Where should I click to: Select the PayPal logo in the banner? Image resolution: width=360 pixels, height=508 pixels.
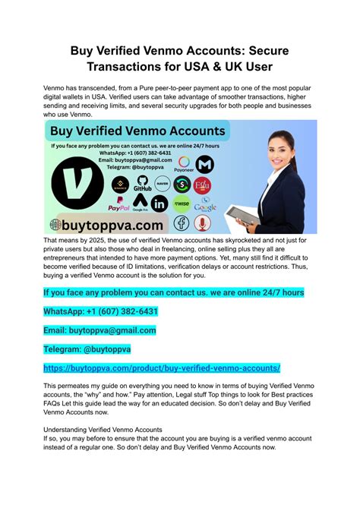click(x=119, y=204)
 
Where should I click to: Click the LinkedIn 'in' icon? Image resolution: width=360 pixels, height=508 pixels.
click(x=159, y=204)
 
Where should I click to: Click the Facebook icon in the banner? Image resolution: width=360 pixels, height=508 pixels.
click(x=182, y=223)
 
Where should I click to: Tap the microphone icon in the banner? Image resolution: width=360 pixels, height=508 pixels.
click(x=203, y=223)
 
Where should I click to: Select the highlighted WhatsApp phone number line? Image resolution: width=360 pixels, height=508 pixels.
click(x=101, y=311)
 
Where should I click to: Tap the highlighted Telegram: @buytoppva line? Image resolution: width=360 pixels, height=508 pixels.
click(x=87, y=349)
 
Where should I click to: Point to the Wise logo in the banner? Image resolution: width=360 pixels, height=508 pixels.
click(x=182, y=203)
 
